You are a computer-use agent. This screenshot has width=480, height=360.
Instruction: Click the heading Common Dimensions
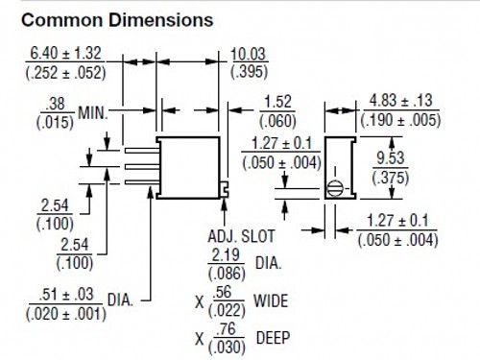coord(117,20)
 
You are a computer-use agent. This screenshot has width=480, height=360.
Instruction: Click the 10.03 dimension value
coord(248,54)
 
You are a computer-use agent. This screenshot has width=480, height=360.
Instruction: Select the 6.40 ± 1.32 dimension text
coord(65,53)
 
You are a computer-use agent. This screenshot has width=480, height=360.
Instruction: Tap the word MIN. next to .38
coord(93,113)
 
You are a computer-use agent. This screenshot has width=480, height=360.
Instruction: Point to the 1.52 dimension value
coord(277,102)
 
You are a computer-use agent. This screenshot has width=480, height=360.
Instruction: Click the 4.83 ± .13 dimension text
coord(400,101)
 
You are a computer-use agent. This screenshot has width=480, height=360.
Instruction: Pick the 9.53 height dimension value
coord(391,158)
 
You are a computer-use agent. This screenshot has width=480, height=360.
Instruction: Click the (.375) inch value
coord(391,178)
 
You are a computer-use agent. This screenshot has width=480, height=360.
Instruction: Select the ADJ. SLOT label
coord(241,236)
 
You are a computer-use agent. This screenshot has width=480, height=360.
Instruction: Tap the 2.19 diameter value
coord(226,255)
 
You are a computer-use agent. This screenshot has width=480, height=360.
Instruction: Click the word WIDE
coord(271,301)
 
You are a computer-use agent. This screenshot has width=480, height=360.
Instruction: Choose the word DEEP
coord(274,338)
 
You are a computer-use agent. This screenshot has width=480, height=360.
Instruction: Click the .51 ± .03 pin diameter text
coord(65,295)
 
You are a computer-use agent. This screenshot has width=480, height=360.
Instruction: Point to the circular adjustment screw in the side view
coord(335,189)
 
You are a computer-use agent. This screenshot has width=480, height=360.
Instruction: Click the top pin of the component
coord(142,151)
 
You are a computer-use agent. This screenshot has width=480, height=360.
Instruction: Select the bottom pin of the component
coord(142,182)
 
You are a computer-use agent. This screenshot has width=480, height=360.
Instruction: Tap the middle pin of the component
coord(142,166)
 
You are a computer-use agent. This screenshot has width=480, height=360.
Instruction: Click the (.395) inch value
coord(249,72)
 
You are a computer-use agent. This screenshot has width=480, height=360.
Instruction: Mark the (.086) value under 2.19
coord(227,274)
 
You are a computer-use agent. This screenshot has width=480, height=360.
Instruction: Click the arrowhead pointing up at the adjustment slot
coord(224,204)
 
